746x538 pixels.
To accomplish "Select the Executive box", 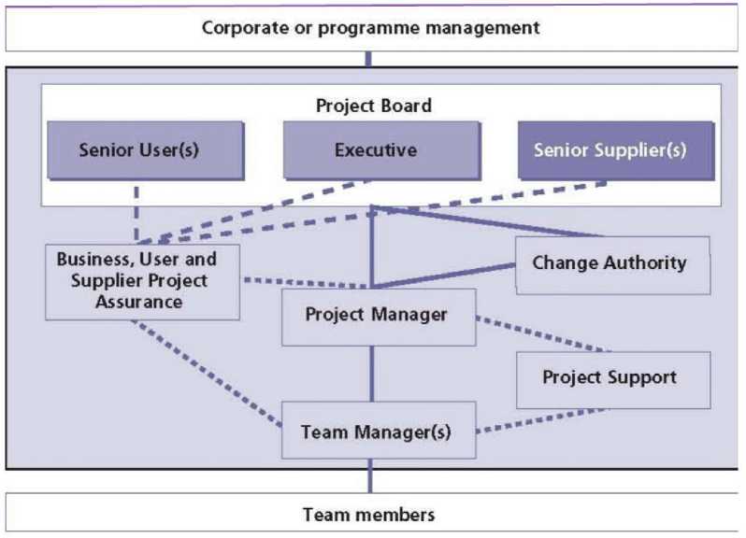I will pos(375,149).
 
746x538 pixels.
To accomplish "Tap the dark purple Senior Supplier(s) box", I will pos(610,149).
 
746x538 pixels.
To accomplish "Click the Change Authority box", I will pos(610,263).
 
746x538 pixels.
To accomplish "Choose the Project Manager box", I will pos(377,316).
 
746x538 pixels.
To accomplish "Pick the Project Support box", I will pos(610,378).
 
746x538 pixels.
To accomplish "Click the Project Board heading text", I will pos(374,106).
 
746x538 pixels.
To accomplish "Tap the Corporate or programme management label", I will pos(371,28).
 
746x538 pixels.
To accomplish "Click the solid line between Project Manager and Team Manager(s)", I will pos(373,373).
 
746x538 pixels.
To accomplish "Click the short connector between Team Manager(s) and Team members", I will pos(369,478).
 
